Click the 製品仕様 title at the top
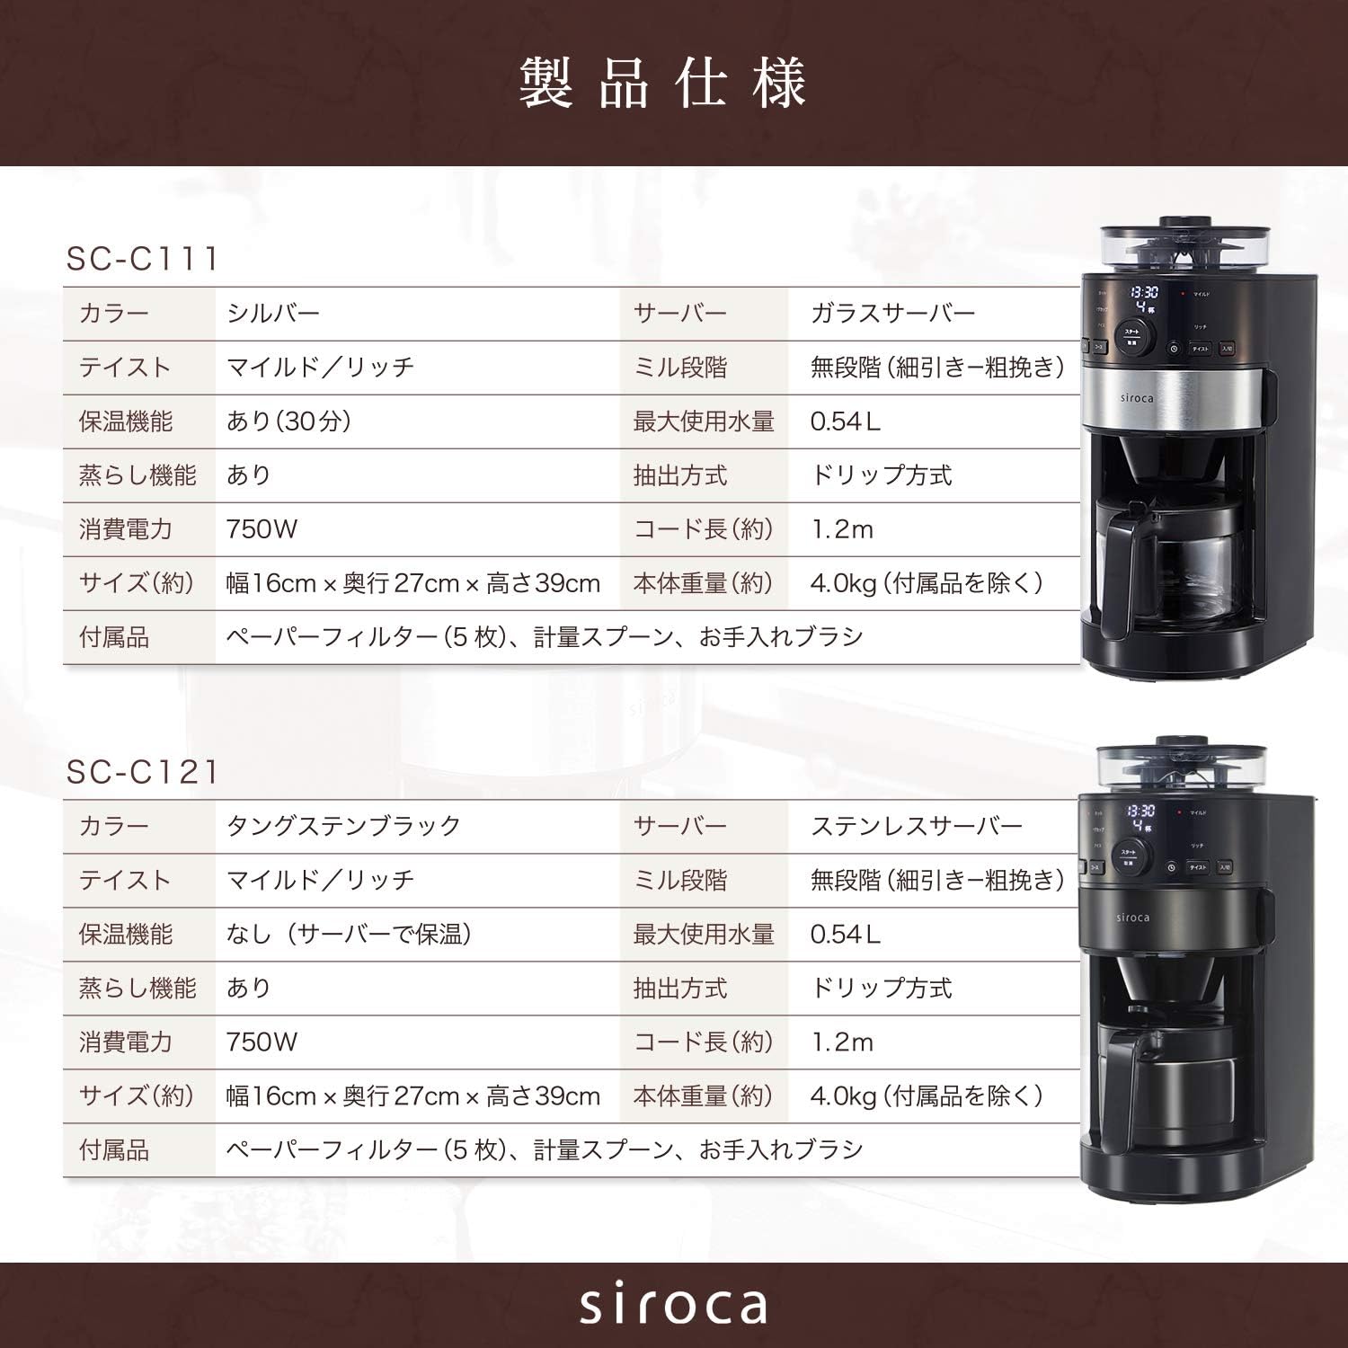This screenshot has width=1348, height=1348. click(662, 84)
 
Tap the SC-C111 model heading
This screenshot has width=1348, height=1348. click(143, 259)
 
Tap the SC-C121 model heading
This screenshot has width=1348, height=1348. click(143, 772)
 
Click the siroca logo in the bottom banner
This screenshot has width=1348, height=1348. click(673, 1305)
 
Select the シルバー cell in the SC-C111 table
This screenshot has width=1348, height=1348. click(273, 314)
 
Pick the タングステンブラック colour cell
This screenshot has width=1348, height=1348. click(343, 827)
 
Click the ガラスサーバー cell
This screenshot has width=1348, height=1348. click(892, 314)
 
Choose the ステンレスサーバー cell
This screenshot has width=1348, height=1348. click(917, 827)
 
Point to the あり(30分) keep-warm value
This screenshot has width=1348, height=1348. click(288, 421)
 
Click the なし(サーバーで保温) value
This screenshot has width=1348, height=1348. click(350, 935)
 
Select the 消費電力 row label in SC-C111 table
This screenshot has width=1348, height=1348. click(126, 529)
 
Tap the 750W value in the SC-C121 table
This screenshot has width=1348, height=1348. click(262, 1042)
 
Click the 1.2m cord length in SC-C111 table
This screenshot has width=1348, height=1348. click(842, 529)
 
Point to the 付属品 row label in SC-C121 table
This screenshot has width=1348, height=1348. click(114, 1150)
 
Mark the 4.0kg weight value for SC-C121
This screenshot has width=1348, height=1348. click(926, 1096)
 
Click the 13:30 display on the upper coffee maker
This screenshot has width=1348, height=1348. click(1143, 293)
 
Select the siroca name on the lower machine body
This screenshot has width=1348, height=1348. click(1132, 918)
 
